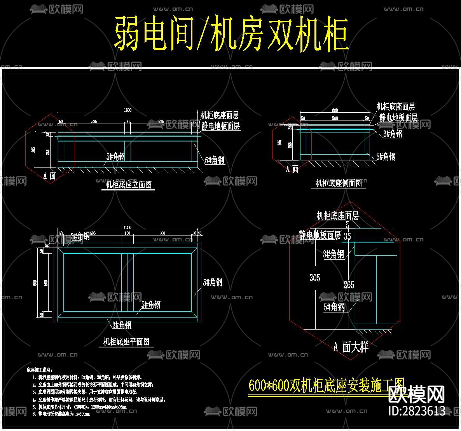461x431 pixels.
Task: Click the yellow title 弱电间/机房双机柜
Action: [231, 34]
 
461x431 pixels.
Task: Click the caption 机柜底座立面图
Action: [129, 185]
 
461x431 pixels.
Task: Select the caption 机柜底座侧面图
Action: [339, 183]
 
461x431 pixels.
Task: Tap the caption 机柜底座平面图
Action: [126, 342]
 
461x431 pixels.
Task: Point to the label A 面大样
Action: [351, 347]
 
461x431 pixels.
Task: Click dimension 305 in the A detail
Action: [314, 277]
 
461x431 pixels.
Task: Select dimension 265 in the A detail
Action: [349, 285]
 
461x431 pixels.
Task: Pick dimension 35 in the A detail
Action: [347, 236]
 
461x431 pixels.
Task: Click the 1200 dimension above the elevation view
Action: [127, 110]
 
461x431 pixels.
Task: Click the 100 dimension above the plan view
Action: [127, 233]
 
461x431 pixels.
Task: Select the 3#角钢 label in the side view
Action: [393, 134]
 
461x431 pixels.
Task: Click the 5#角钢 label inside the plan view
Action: [151, 305]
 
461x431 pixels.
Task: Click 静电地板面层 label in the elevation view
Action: [220, 126]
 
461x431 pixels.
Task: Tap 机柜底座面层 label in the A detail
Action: [337, 216]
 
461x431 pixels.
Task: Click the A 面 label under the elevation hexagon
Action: [49, 176]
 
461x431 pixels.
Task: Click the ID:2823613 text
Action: [417, 411]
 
